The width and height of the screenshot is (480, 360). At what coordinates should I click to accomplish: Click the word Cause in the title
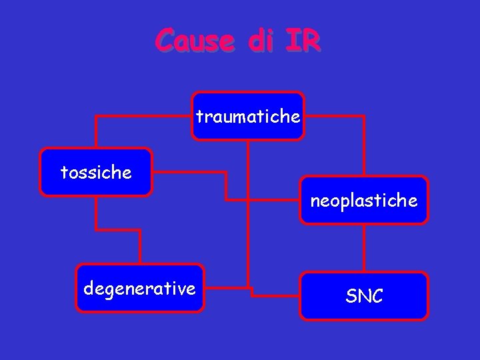(195, 41)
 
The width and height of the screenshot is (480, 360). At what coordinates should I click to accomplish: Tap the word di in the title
(260, 41)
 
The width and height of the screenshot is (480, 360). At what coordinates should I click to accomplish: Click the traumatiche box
(248, 117)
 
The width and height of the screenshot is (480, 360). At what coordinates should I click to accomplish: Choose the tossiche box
(96, 173)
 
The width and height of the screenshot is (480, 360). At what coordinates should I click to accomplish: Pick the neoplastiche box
(364, 200)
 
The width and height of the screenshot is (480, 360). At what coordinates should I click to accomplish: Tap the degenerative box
(139, 288)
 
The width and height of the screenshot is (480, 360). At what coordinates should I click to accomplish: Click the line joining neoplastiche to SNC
(364, 248)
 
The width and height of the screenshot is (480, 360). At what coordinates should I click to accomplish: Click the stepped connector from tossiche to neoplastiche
(226, 187)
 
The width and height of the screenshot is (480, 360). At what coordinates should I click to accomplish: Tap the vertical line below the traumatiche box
(248, 213)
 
